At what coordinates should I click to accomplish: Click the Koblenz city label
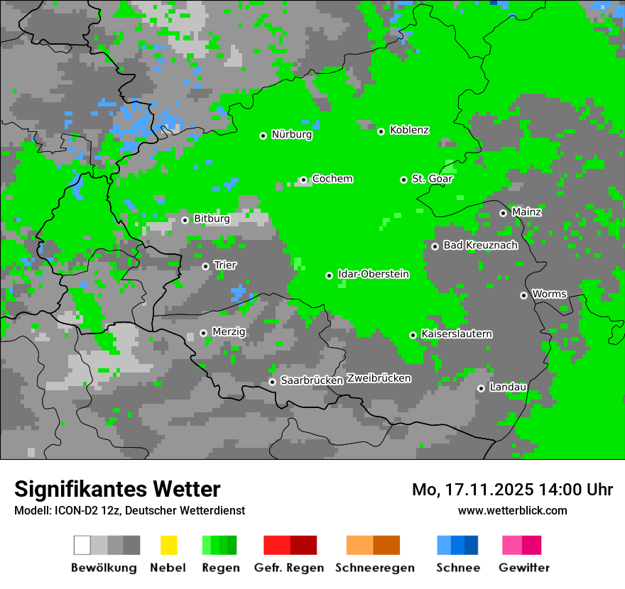pyautogui.click(x=409, y=130)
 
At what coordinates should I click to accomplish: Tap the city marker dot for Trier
pyautogui.click(x=205, y=266)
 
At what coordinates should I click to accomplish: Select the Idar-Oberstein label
pyautogui.click(x=374, y=274)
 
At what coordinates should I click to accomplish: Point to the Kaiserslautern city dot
pyautogui.click(x=413, y=335)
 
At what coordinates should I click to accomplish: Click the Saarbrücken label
pyautogui.click(x=312, y=380)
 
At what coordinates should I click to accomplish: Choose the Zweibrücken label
pyautogui.click(x=379, y=378)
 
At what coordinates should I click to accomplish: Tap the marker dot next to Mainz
pyautogui.click(x=503, y=213)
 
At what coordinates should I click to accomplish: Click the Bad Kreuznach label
pyautogui.click(x=480, y=246)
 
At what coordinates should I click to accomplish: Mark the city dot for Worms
pyautogui.click(x=523, y=295)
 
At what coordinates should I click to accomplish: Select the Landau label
pyautogui.click(x=508, y=387)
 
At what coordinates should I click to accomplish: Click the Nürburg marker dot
pyautogui.click(x=263, y=136)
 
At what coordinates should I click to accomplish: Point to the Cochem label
pyautogui.click(x=332, y=179)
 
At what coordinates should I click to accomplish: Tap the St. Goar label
pyautogui.click(x=432, y=179)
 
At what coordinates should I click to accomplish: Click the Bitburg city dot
pyautogui.click(x=185, y=220)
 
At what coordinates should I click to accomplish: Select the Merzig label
pyautogui.click(x=229, y=331)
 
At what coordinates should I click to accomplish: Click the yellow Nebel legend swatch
pyautogui.click(x=168, y=545)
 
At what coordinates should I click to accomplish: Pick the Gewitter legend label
pyautogui.click(x=523, y=568)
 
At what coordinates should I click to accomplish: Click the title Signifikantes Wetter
pyautogui.click(x=117, y=489)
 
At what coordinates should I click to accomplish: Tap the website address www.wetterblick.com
pyautogui.click(x=512, y=510)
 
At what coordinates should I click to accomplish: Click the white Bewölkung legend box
pyautogui.click(x=82, y=545)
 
